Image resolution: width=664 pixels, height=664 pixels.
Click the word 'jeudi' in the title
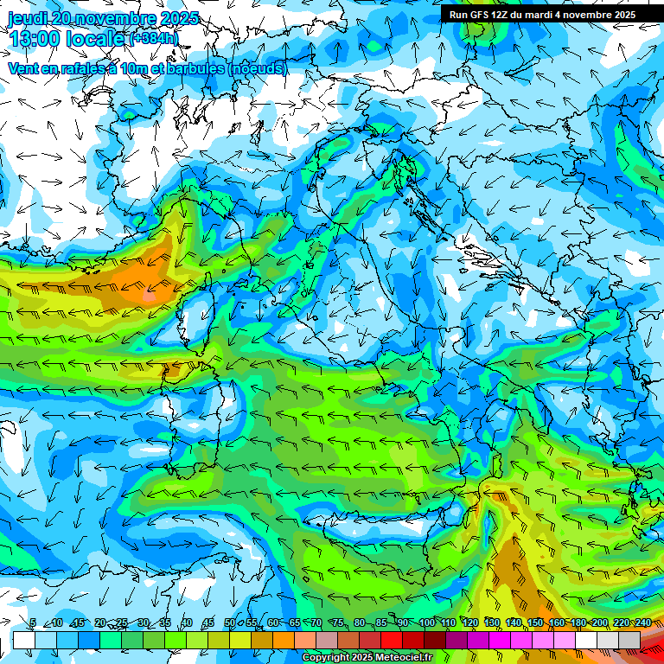pos(28,18)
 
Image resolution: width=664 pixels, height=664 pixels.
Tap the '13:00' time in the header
pos(34,39)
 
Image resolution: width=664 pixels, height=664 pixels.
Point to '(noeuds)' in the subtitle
pos(257,68)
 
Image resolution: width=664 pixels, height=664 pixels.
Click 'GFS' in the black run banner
pos(481,15)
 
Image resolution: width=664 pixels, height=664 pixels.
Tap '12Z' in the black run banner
pos(503,15)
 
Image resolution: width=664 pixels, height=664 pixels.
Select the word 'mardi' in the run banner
pos(543,15)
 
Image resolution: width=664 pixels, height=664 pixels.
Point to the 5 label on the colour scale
pos(33,623)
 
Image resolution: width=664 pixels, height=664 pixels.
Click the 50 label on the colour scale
pos(229,623)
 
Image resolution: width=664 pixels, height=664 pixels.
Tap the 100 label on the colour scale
pos(427,623)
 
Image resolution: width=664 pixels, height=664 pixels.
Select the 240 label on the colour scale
pos(642,623)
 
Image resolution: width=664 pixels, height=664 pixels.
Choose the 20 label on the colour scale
pos(99,623)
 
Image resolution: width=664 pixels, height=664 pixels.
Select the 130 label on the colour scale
pos(492,623)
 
